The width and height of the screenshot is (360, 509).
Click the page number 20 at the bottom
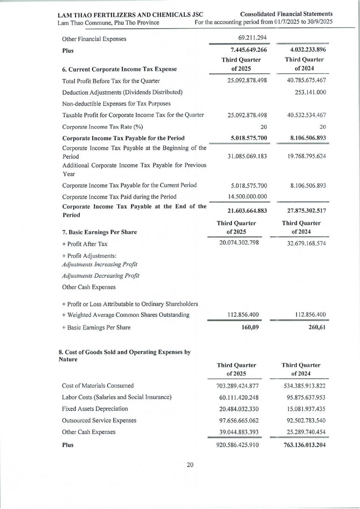(190, 465)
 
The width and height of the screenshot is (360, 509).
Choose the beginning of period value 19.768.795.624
(304, 156)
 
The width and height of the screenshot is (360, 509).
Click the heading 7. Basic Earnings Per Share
(103, 232)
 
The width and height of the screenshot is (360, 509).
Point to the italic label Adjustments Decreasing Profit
(101, 276)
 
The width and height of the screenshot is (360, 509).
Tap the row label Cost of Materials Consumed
(98, 386)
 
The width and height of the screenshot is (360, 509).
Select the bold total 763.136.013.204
(303, 445)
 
